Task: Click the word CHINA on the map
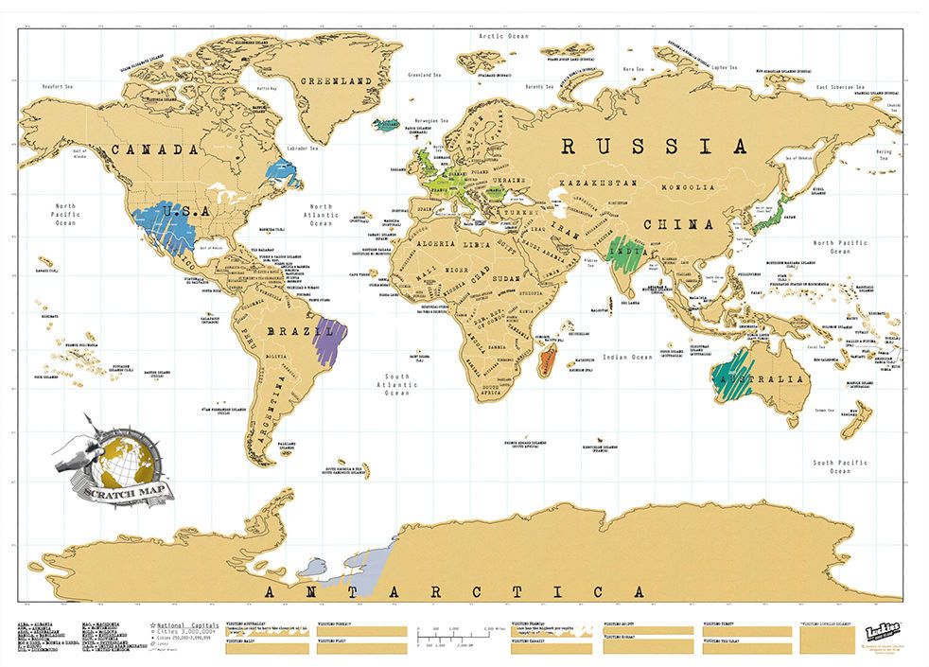coord(677,224)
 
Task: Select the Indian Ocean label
coord(628,358)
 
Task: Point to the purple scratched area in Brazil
coord(332,339)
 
